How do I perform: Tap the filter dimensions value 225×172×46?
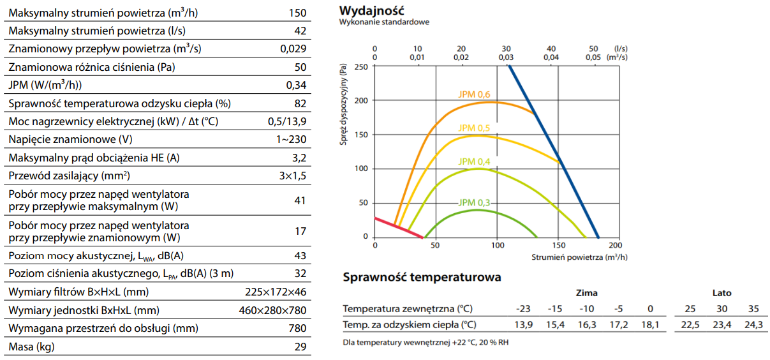pyautogui.click(x=276, y=292)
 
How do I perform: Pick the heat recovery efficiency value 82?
pyautogui.click(x=300, y=103)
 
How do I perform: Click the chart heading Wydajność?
pyautogui.click(x=372, y=11)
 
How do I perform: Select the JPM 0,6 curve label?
pyautogui.click(x=474, y=94)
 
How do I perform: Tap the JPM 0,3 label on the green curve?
pyautogui.click(x=474, y=203)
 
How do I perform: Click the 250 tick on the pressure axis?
pyautogui.click(x=361, y=66)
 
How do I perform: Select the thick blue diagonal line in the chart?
pyautogui.click(x=554, y=152)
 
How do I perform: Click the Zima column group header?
pyautogui.click(x=586, y=293)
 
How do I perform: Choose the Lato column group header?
pyautogui.click(x=722, y=293)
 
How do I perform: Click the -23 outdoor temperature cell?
pyautogui.click(x=522, y=309)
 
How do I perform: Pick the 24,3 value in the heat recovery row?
pyautogui.click(x=753, y=325)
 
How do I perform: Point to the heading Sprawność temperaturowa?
pyautogui.click(x=422, y=277)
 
